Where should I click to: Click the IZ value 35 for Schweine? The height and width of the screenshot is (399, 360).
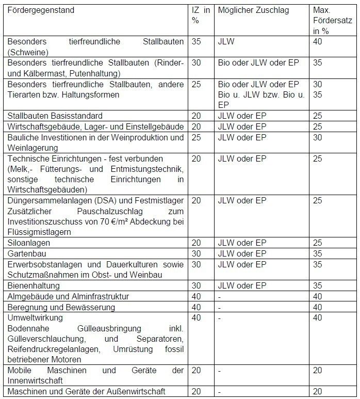click(x=197, y=41)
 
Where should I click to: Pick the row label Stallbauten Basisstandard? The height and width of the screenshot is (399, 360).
click(x=55, y=116)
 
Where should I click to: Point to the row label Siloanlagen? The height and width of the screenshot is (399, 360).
click(x=29, y=243)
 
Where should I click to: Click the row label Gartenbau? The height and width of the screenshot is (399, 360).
click(x=27, y=253)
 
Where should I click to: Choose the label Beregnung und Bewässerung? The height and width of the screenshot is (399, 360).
click(x=61, y=307)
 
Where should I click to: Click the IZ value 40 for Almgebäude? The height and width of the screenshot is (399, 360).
click(x=197, y=296)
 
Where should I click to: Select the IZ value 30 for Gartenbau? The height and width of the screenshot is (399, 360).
click(x=197, y=253)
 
